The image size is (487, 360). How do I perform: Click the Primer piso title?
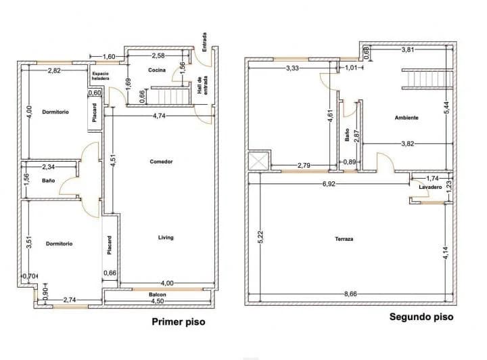(178, 322)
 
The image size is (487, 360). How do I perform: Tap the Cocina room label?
(158, 70)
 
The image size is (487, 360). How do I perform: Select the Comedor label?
(162, 162)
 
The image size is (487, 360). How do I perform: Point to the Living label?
(166, 238)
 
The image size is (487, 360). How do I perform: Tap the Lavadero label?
(430, 186)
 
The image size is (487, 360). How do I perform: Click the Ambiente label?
(407, 118)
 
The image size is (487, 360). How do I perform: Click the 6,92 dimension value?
(329, 183)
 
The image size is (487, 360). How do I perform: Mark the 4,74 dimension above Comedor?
(160, 116)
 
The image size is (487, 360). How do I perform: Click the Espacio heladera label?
(100, 76)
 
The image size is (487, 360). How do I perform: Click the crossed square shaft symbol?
(258, 162)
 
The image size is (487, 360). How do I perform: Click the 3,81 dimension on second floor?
(408, 50)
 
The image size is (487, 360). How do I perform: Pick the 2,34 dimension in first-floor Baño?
(49, 166)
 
